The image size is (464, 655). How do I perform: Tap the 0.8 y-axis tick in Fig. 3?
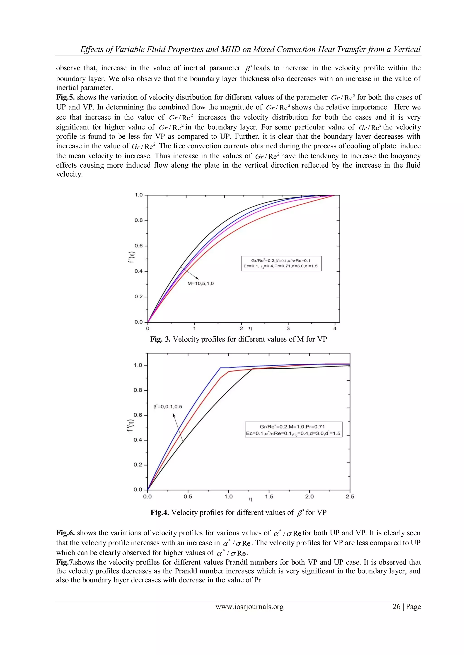tap(139, 221)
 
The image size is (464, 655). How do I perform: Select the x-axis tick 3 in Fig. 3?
tap(288, 329)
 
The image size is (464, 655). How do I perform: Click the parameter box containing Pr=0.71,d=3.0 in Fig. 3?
tap(281, 263)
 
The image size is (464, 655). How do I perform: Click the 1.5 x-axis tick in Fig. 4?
tap(269, 497)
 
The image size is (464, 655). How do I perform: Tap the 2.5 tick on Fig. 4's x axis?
tap(350, 497)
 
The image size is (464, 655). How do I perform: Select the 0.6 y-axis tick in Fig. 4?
tap(138, 415)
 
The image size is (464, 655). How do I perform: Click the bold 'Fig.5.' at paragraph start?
tap(65, 97)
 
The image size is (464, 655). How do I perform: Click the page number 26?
tap(396, 607)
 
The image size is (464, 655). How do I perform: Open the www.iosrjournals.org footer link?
tap(249, 607)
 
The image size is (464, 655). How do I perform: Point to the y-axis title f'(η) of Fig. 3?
tap(131, 257)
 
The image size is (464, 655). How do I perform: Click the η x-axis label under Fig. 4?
tap(251, 499)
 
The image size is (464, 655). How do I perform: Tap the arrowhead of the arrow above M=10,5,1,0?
tap(198, 278)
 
